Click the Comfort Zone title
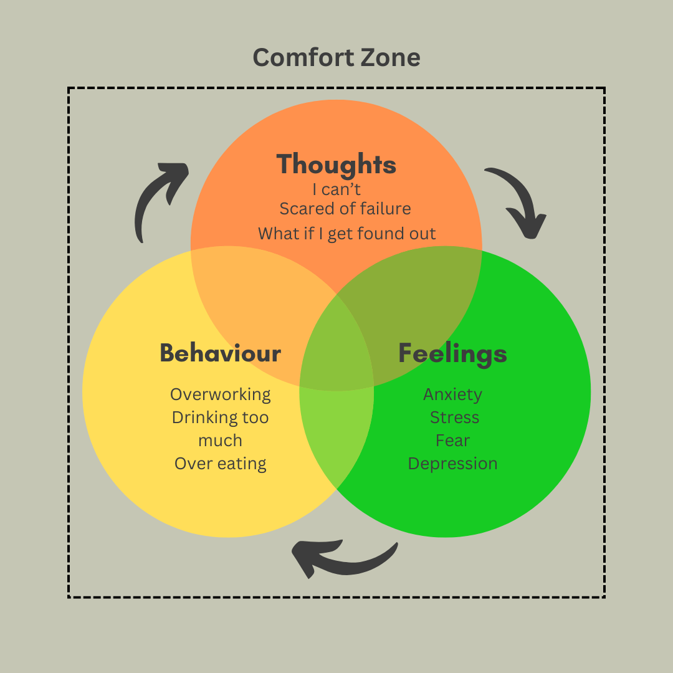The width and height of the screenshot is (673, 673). tap(336, 58)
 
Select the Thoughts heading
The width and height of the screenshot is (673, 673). tap(336, 165)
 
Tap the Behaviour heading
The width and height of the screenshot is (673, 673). tap(221, 353)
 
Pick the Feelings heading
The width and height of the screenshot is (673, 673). tap(452, 353)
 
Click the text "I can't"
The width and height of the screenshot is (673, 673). tap(336, 189)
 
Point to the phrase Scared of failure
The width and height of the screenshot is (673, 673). tap(345, 208)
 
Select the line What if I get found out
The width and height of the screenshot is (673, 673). tap(347, 234)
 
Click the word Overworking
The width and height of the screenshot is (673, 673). tap(221, 394)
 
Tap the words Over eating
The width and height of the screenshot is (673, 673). tap(221, 464)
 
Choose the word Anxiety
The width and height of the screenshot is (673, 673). tap(452, 394)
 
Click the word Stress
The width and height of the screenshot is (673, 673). tap(454, 418)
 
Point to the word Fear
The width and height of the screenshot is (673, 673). tap(452, 441)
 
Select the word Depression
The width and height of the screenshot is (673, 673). tap(452, 464)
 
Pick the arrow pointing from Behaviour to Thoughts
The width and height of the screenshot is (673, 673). tap(156, 199)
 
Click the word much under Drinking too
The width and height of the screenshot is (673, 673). tap(221, 441)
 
